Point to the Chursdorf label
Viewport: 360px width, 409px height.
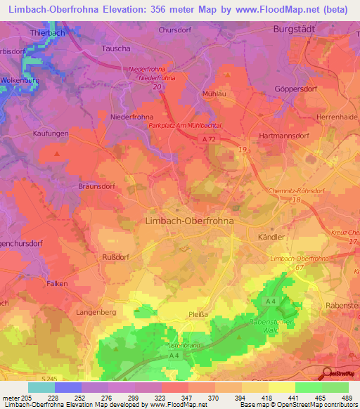pos(176,31)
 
